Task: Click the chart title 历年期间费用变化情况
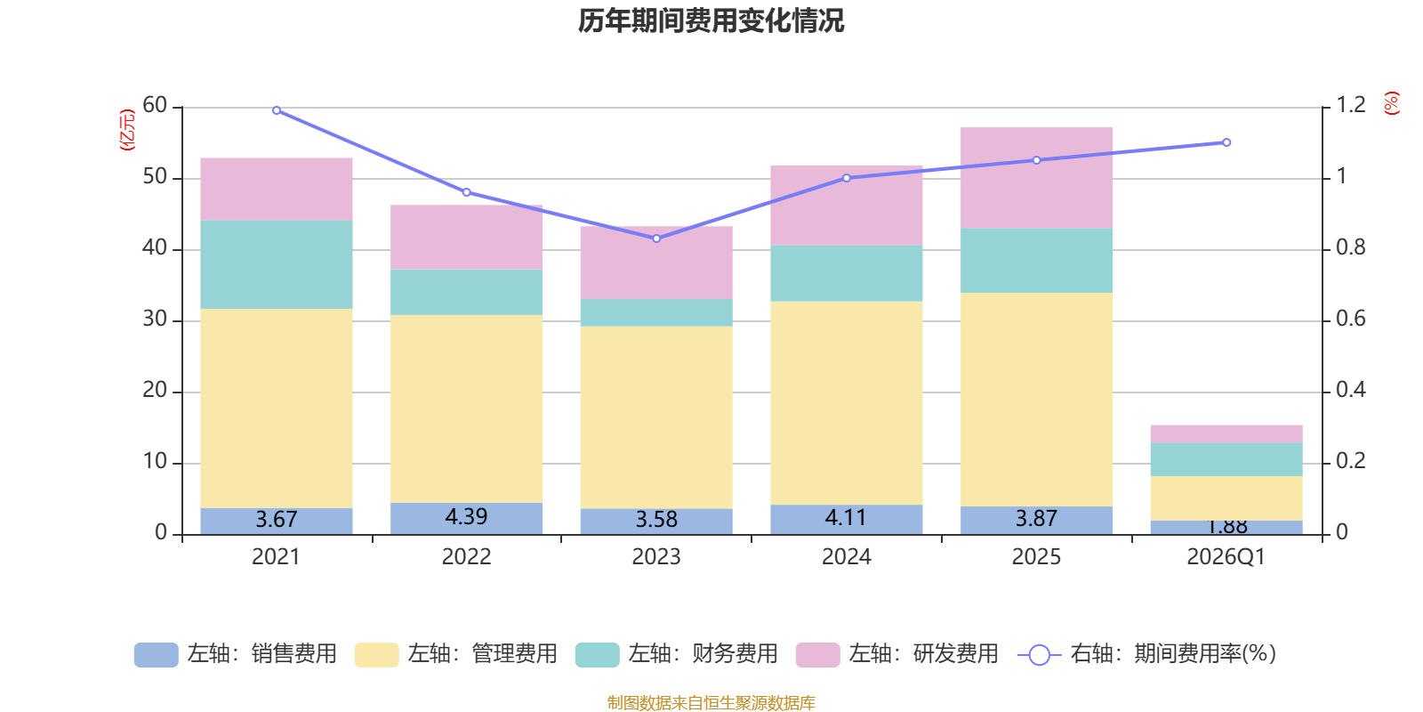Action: tap(711, 21)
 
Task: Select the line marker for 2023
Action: tap(656, 239)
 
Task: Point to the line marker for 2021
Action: tap(277, 110)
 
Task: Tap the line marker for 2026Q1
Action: tap(1226, 142)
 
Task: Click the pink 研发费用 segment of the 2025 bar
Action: tap(1036, 178)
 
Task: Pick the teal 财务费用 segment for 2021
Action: tap(277, 264)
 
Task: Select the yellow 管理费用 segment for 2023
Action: tap(656, 417)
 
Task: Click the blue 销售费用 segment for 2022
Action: tap(466, 519)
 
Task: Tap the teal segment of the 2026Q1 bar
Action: tap(1226, 459)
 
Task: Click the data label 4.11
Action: tap(846, 517)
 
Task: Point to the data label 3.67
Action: tap(277, 520)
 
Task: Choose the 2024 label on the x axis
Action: tap(846, 557)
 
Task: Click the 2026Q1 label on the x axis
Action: tap(1226, 557)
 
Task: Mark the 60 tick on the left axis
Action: tap(155, 105)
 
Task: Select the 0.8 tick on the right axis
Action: tap(1351, 247)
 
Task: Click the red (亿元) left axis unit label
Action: tap(127, 130)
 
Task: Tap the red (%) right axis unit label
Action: tap(1391, 103)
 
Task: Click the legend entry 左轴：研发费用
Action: tap(897, 654)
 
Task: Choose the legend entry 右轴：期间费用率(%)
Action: tap(1146, 654)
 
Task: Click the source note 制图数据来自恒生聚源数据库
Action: tap(711, 702)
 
